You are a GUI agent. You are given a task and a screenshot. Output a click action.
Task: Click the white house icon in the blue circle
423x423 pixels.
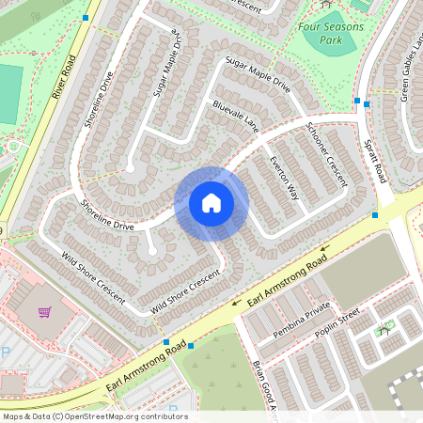[211, 203]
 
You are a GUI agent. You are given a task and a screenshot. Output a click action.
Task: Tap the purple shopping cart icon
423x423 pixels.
[44, 311]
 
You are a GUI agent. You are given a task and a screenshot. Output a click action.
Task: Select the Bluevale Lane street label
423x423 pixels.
[235, 116]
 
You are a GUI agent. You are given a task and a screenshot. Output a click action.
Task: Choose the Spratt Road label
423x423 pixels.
[373, 160]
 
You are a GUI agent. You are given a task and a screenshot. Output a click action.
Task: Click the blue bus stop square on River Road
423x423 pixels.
[86, 18]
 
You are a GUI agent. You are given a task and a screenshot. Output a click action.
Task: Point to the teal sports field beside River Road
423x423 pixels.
[9, 94]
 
